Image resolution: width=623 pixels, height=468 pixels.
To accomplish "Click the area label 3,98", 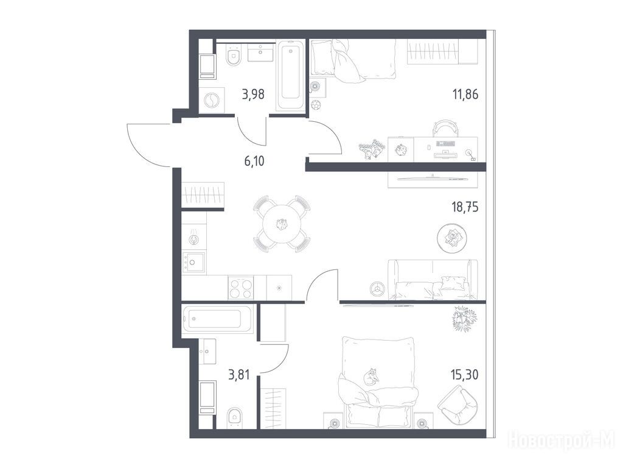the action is click(253, 95).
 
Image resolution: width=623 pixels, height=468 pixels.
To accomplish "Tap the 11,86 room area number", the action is click(465, 94).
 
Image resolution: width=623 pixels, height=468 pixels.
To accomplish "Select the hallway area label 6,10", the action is click(254, 161).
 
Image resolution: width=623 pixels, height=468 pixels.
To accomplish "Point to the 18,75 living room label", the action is click(465, 207).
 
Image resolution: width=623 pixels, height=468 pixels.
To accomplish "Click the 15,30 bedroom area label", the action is click(464, 375).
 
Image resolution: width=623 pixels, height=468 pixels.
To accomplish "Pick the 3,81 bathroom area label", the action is click(238, 375).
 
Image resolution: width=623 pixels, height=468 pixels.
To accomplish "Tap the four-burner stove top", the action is click(241, 288).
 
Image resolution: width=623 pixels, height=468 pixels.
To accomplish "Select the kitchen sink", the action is click(193, 262).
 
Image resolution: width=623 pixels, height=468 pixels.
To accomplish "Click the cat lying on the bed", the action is click(372, 376).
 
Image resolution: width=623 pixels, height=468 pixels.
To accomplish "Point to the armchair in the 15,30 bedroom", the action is click(458, 406).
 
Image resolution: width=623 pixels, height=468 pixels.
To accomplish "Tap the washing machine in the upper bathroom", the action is click(211, 101).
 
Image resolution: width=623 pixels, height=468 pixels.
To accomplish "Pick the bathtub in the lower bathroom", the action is click(218, 319).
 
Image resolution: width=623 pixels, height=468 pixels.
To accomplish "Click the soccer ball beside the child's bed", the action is click(316, 105).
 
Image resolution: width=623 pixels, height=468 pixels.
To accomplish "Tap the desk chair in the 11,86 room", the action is click(445, 129).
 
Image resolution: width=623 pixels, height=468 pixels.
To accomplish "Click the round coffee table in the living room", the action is click(452, 238).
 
